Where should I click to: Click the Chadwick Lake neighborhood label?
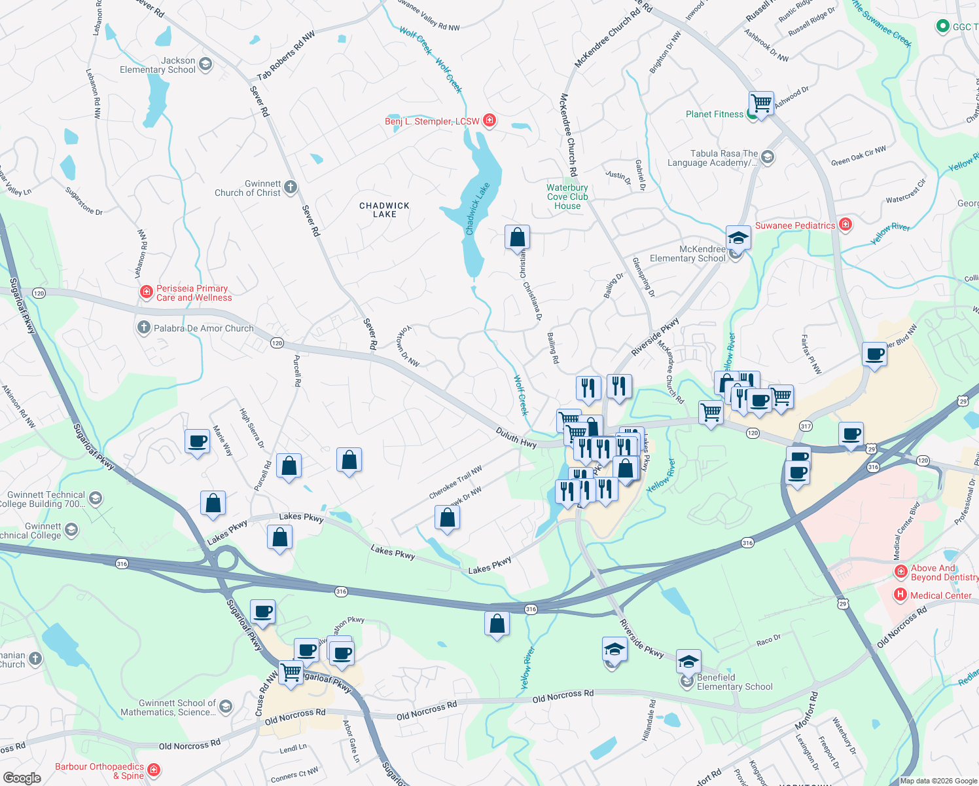(384, 210)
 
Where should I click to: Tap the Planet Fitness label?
(714, 114)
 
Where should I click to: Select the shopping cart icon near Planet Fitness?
(761, 103)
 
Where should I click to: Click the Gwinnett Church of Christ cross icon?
(291, 187)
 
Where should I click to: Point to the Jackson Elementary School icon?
(205, 64)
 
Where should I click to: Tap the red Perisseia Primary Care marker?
(147, 292)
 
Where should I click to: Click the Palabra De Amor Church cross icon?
(143, 327)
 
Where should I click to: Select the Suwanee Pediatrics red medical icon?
(845, 225)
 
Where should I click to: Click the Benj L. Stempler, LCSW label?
(432, 121)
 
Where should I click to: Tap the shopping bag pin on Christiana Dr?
(517, 237)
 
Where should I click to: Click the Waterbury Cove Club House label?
(567, 196)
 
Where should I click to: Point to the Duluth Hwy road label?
(516, 438)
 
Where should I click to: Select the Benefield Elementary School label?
(734, 682)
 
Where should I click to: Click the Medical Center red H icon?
(900, 595)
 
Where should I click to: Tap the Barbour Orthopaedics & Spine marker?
(154, 770)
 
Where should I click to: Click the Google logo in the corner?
(22, 777)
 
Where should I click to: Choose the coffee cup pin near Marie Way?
(197, 441)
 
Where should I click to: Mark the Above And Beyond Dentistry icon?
(901, 572)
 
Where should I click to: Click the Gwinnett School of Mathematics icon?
(225, 706)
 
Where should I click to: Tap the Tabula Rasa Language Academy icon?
(768, 157)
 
